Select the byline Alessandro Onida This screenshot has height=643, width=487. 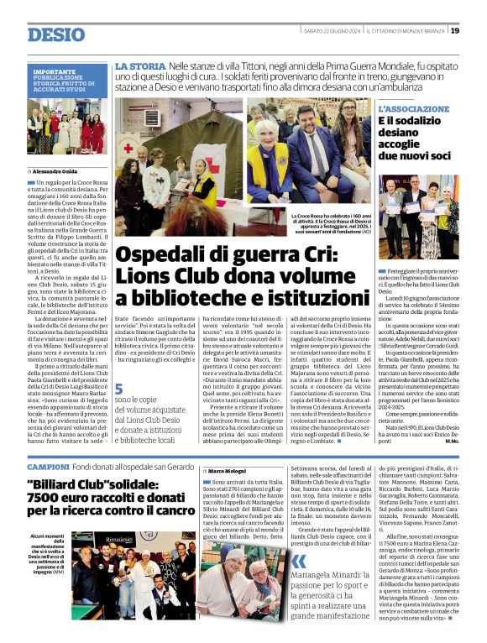coord(58,171)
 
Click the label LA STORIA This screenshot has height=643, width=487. coord(139,65)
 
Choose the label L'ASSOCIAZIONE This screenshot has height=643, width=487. coord(415,110)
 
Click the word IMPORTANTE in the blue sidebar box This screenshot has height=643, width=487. coord(55,72)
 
